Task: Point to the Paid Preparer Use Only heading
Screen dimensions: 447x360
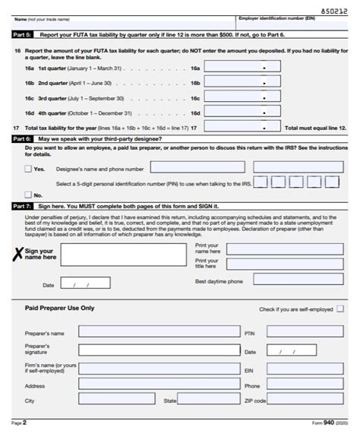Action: (59, 309)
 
